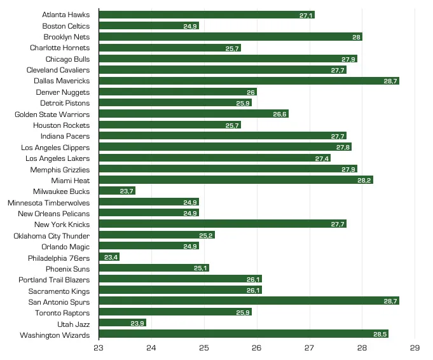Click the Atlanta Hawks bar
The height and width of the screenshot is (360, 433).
[207, 15]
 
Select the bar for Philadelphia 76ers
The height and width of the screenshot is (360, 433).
[109, 258]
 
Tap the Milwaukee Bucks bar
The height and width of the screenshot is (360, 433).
[117, 191]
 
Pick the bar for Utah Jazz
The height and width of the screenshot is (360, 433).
[122, 323]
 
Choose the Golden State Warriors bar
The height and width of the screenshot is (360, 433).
[193, 114]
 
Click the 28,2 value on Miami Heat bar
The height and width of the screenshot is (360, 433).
[364, 180]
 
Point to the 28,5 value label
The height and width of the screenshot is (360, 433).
[380, 335]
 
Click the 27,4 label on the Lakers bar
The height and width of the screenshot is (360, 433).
[322, 158]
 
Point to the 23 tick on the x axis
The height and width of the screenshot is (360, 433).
[99, 348]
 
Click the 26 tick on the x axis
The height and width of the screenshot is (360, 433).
[256, 348]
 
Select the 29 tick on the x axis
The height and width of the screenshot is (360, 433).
[415, 348]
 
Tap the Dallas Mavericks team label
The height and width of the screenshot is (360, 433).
[62, 81]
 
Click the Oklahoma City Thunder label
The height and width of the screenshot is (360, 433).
[52, 235]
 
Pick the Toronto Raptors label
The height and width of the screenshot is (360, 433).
[62, 312]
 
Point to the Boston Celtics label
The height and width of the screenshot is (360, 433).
[66, 26]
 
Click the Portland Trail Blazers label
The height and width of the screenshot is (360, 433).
[54, 279]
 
